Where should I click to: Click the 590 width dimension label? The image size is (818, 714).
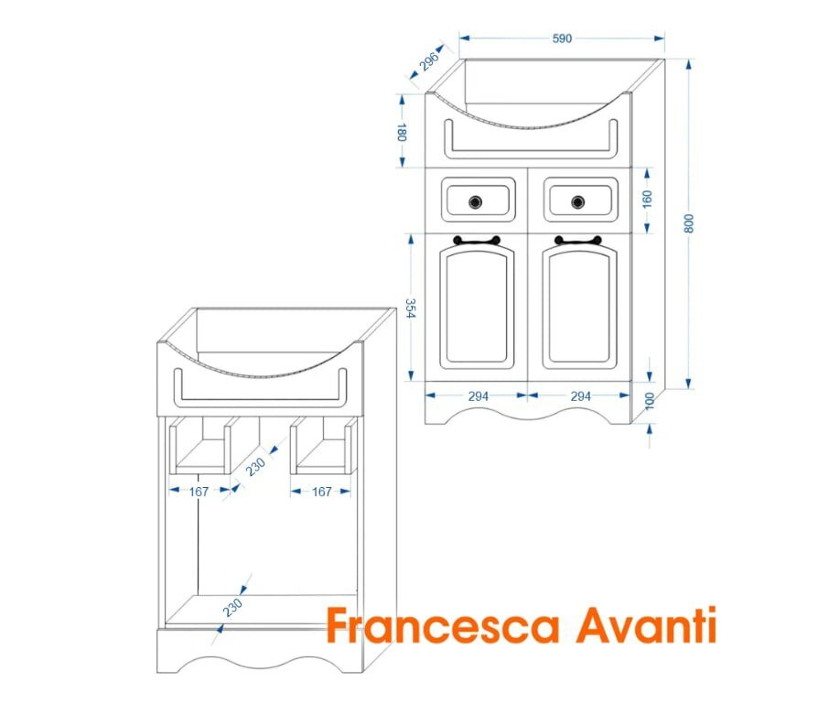[562, 38]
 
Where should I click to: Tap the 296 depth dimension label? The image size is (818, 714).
[430, 61]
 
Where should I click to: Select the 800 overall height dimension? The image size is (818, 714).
[690, 223]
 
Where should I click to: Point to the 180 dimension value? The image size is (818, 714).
[401, 132]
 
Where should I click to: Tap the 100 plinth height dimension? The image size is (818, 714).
[651, 402]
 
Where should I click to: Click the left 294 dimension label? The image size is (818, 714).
[478, 396]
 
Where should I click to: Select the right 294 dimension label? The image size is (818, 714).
[580, 396]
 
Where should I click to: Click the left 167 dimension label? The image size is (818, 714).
[199, 492]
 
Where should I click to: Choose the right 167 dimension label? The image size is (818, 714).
[321, 492]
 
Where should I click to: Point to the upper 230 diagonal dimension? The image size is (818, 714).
[255, 466]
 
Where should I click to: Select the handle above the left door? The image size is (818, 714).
[477, 242]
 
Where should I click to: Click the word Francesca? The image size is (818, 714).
[443, 627]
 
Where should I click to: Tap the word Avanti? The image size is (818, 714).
[648, 627]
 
